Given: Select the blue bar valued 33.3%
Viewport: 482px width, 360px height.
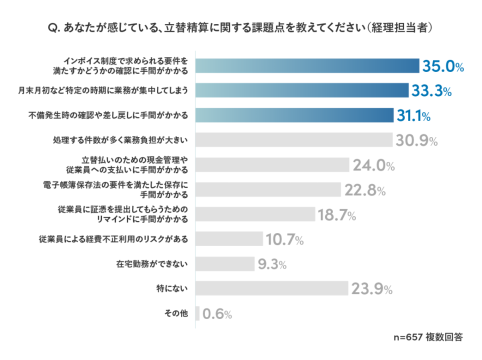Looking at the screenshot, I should coord(302,90).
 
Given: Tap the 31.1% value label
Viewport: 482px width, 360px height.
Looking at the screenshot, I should coord(413,116).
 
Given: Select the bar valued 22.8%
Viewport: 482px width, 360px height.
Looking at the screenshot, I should coord(267,190).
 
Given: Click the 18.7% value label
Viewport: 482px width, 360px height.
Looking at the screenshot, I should coord(336,215).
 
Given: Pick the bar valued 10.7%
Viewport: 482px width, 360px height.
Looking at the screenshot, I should coord(229,239).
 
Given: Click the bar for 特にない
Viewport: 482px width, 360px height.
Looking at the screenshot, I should coord(271,289).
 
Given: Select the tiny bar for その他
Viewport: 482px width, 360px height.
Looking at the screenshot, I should coord(197,314).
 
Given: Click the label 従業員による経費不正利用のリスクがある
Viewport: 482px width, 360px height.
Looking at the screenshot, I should coord(113,239).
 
